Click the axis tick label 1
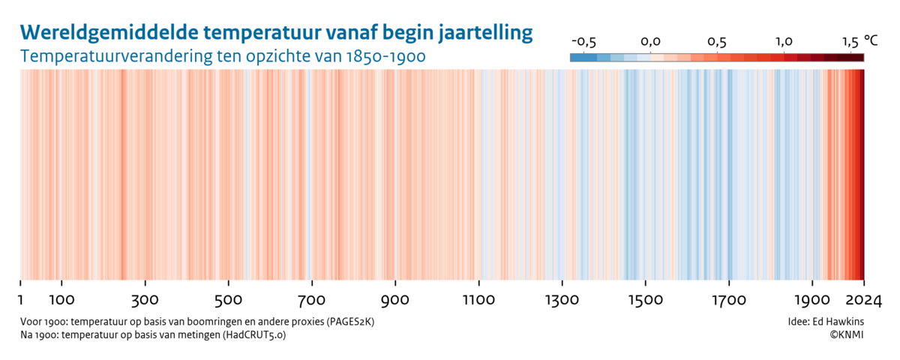(21, 301)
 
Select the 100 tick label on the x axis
(61, 301)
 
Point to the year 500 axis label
(227, 301)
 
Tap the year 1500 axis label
(645, 301)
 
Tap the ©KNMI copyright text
(846, 335)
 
